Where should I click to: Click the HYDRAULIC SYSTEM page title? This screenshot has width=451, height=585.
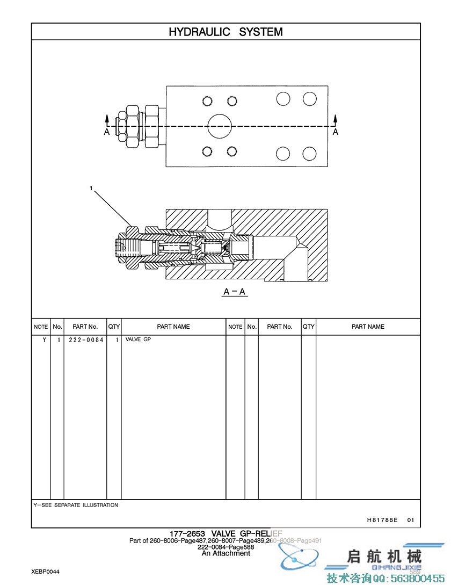point(225,32)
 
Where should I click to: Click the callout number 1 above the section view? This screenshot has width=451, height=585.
point(92,189)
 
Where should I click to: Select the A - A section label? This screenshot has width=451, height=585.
point(235,292)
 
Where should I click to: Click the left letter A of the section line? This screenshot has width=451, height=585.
point(107,132)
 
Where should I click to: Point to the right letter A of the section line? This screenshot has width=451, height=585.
point(336,132)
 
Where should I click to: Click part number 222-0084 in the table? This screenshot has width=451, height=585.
point(86,340)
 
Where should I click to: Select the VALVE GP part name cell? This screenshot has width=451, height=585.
point(139,340)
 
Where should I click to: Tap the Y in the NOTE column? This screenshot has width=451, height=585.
point(44,340)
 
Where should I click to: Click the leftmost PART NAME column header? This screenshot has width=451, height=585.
point(173,327)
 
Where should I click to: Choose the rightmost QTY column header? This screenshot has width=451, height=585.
point(308,327)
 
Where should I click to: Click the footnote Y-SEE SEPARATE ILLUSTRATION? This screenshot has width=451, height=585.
point(76,505)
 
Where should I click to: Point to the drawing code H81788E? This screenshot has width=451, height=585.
point(382,520)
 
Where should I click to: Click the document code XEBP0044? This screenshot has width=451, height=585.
point(45,572)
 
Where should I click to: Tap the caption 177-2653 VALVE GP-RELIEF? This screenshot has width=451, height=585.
point(225,533)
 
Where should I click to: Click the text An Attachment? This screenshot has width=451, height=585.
point(225,553)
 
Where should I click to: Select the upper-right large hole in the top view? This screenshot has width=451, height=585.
point(309,99)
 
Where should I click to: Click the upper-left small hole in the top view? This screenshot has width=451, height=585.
point(208,101)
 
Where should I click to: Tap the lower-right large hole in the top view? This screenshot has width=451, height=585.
point(309,154)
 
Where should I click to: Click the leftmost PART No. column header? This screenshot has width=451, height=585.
point(85,327)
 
